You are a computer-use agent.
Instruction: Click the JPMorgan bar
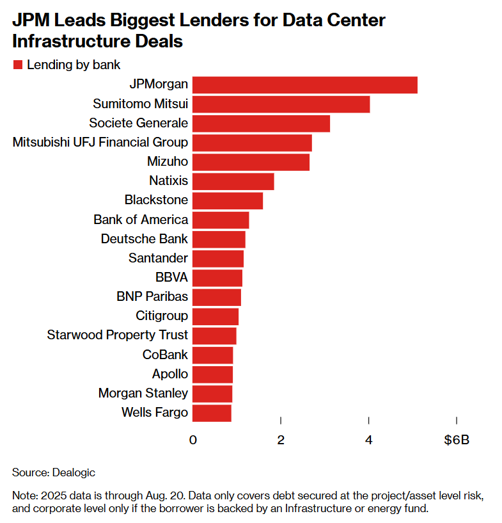[304, 84]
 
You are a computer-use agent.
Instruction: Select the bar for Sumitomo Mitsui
[281, 104]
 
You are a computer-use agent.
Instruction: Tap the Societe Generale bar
[261, 123]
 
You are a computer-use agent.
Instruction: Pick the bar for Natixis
[233, 181]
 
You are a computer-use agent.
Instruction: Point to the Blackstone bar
[227, 200]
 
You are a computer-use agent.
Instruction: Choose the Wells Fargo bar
[212, 413]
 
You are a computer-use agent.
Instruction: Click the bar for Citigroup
[215, 316]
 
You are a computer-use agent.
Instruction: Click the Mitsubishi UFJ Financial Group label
[100, 142]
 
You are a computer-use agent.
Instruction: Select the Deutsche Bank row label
[145, 239]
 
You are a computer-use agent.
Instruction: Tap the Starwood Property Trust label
[118, 335]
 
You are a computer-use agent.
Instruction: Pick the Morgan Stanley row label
[143, 393]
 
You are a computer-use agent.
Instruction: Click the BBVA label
[171, 277]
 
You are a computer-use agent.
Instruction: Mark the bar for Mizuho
[251, 162]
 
